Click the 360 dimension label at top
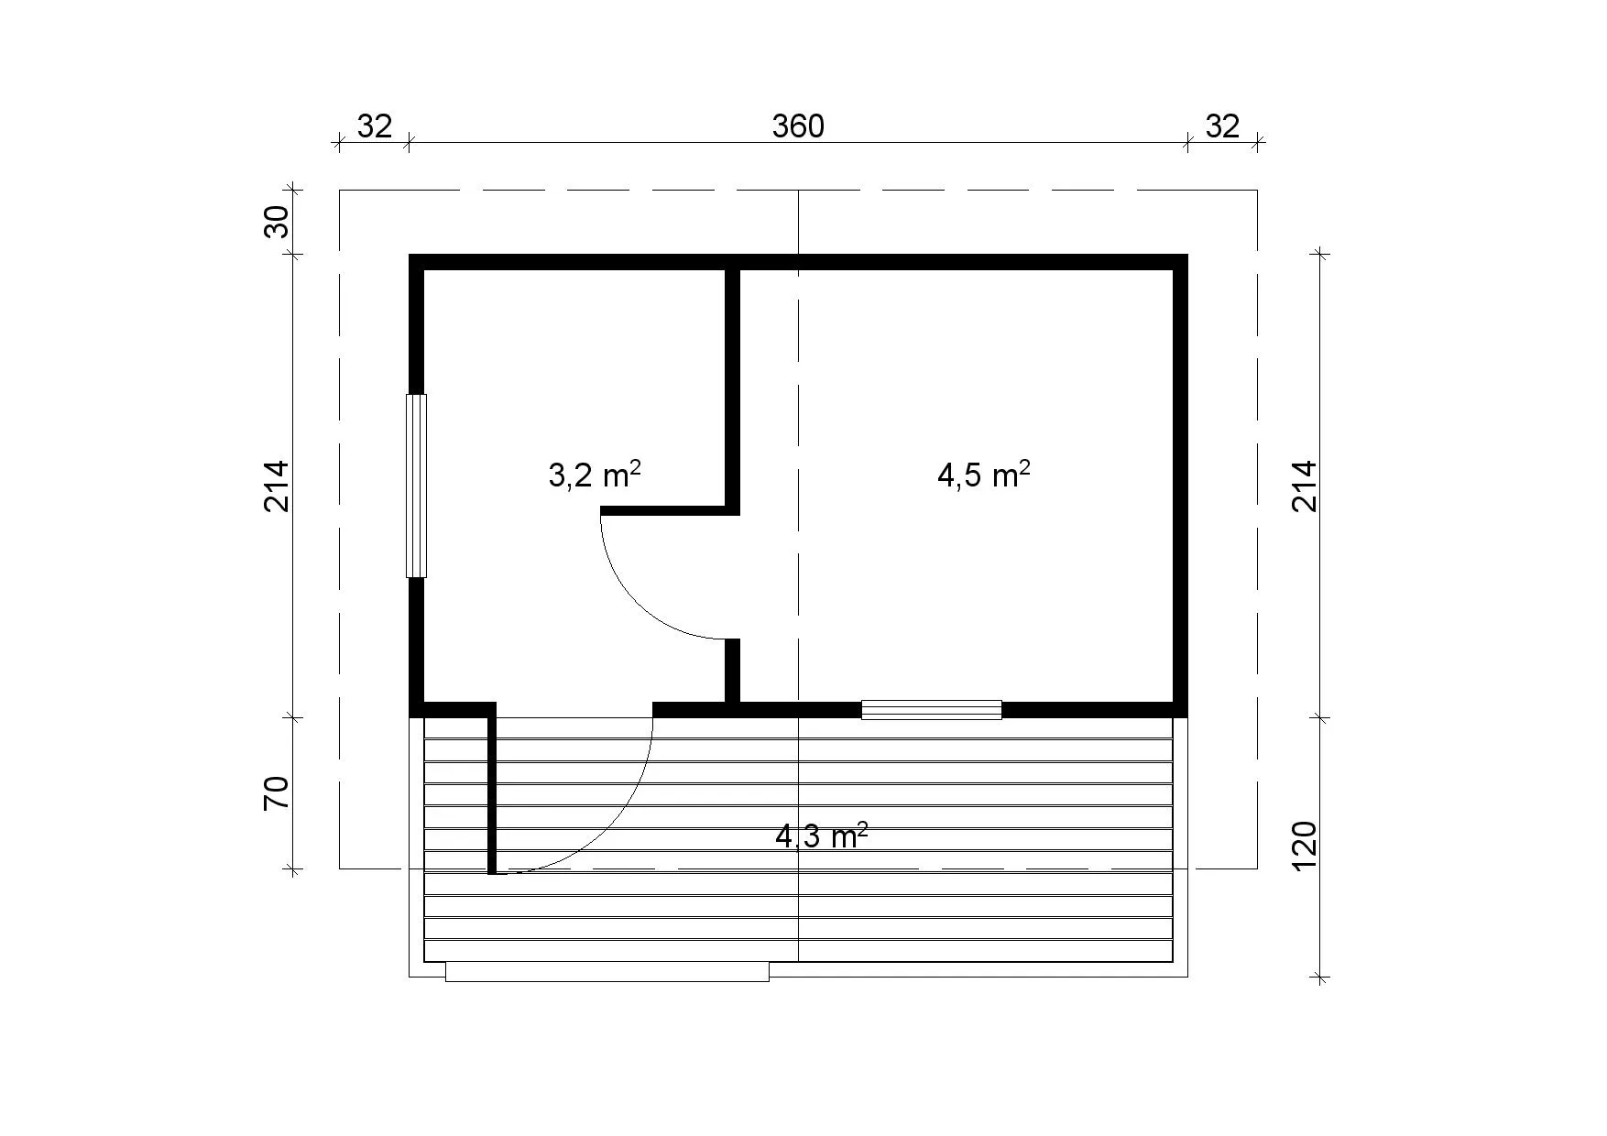click(x=798, y=126)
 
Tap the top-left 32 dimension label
click(x=374, y=126)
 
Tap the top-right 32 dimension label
click(x=1221, y=126)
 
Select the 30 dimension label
click(x=277, y=222)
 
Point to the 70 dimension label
click(x=277, y=792)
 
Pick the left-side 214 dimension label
click(x=277, y=486)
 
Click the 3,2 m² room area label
click(x=594, y=475)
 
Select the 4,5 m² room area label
click(x=983, y=475)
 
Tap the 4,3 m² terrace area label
click(x=822, y=836)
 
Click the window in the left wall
click(x=417, y=486)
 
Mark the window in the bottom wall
click(x=932, y=710)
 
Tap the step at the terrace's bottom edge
click(x=607, y=972)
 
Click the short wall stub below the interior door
click(x=733, y=671)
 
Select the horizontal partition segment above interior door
click(x=670, y=510)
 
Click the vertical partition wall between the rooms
click(x=733, y=386)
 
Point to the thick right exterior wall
click(x=1181, y=486)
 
